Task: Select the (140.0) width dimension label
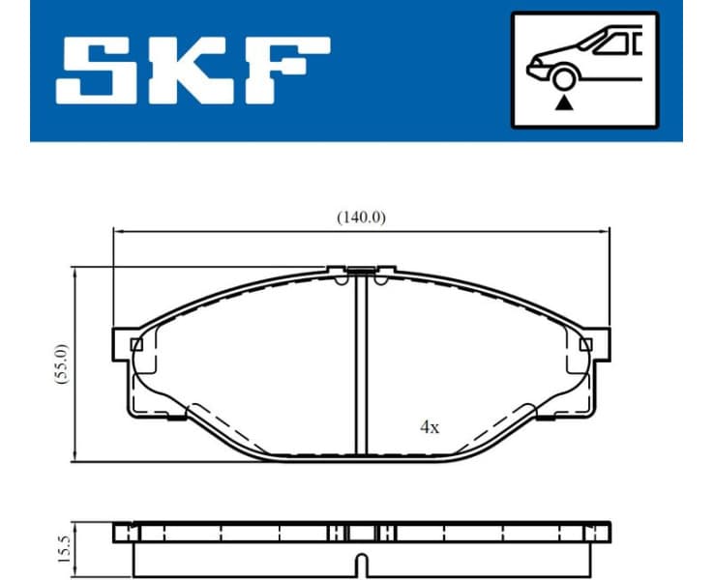tap(361, 217)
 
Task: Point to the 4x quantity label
tap(430, 426)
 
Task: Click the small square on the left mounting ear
tap(136, 344)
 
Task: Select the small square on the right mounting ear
tap(584, 344)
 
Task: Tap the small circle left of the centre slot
tap(341, 281)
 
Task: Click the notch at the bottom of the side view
tap(361, 562)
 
